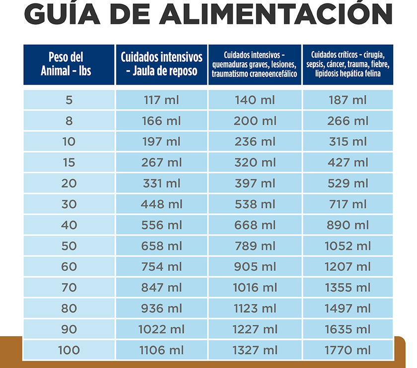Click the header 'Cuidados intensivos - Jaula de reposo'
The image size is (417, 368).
[x=161, y=64]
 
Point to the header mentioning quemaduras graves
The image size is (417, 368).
[x=255, y=64]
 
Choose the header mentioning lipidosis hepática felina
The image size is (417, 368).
[x=347, y=64]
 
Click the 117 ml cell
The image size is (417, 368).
[x=161, y=100]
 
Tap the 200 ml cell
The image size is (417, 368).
[x=255, y=121]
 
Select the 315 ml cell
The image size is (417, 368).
[x=347, y=142]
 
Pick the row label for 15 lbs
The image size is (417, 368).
[x=69, y=163]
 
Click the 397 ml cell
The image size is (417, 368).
[x=255, y=184]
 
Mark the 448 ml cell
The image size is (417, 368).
[x=161, y=204]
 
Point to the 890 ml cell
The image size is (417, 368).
[x=347, y=225]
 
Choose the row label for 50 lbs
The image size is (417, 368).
[x=69, y=246]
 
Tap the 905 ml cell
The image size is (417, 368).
[x=255, y=267]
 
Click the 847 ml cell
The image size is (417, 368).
[x=161, y=288]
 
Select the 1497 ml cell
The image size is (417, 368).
[x=347, y=308]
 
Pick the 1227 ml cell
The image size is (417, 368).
[x=255, y=329]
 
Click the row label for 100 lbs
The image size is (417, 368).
[x=69, y=350]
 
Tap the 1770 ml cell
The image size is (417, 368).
[x=347, y=350]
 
